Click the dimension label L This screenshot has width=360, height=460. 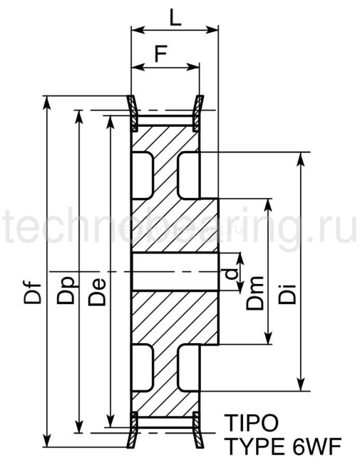click(x=174, y=18)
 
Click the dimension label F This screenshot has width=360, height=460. click(x=160, y=54)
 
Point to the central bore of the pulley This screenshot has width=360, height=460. click(x=174, y=271)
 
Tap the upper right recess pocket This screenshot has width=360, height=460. click(x=189, y=175)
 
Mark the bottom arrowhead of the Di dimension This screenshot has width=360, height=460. click(x=300, y=386)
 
